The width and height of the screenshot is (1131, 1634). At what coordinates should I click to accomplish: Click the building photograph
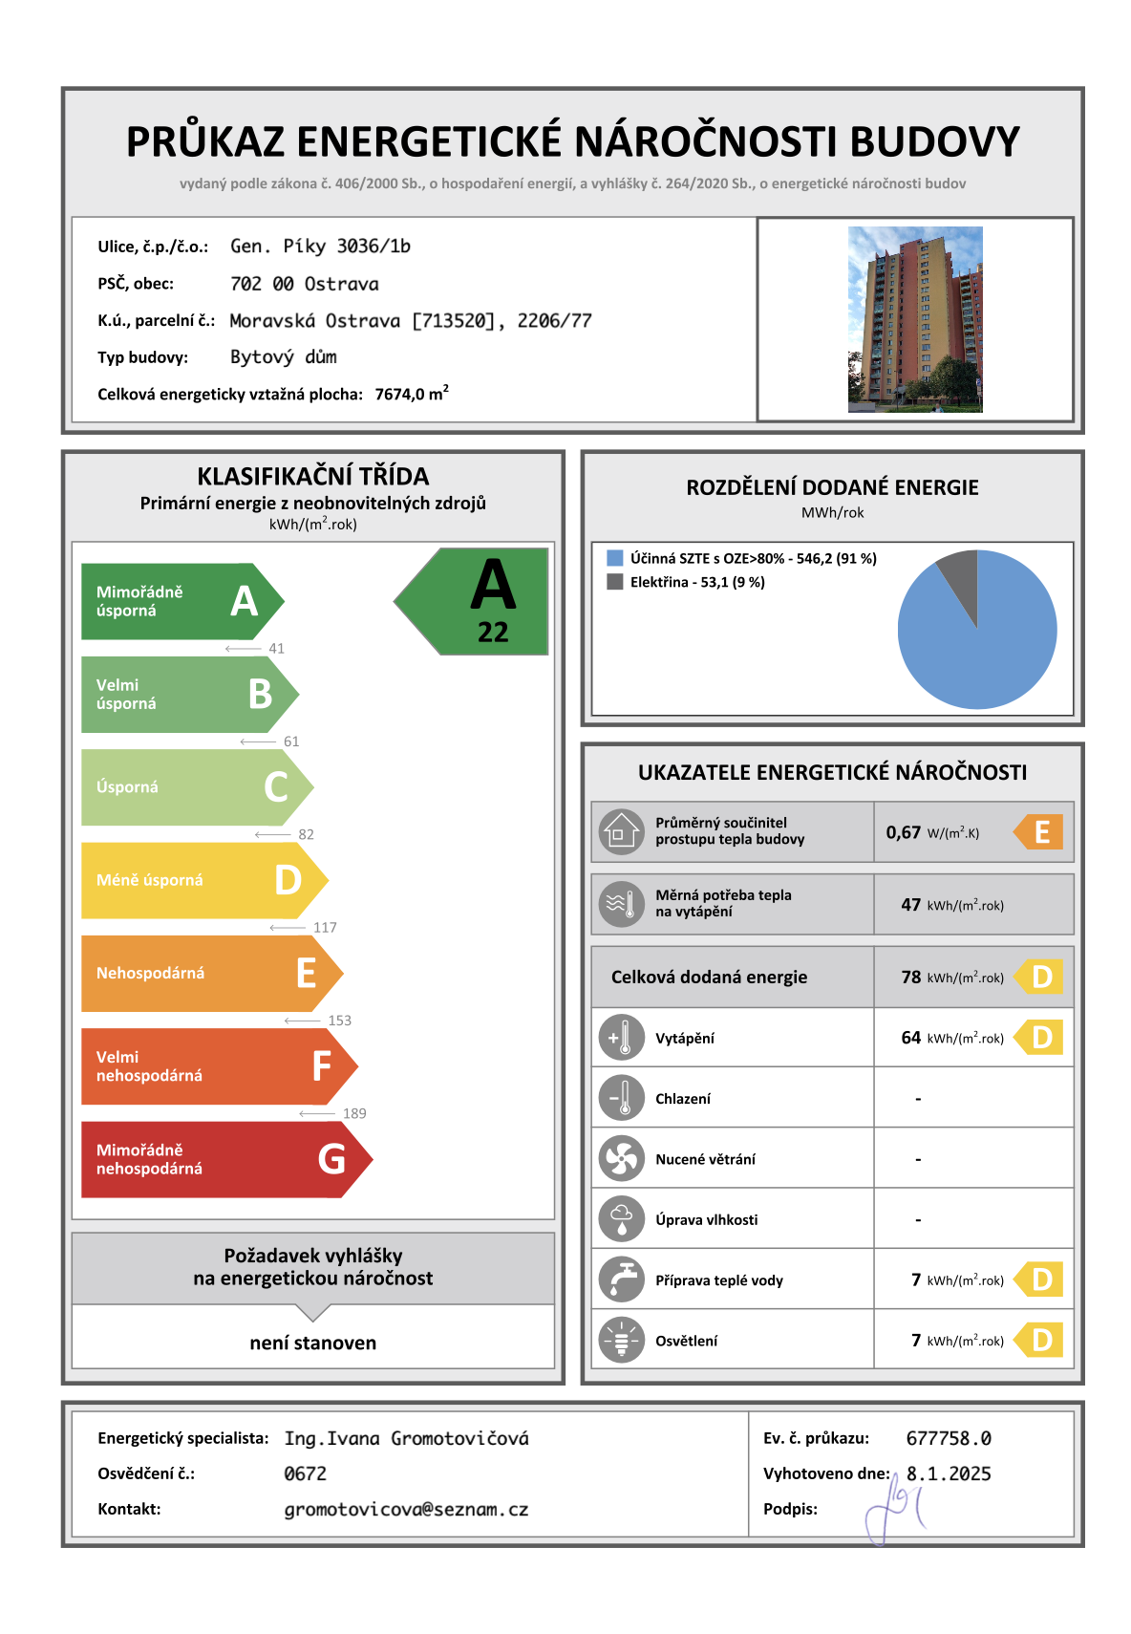click(914, 319)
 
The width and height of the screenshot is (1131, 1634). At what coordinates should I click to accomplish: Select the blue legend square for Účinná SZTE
click(615, 558)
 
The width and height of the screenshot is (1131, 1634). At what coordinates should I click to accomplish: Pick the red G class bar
click(220, 1159)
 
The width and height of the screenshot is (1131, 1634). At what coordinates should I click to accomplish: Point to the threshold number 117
click(325, 928)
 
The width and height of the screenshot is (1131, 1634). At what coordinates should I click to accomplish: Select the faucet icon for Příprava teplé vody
click(622, 1280)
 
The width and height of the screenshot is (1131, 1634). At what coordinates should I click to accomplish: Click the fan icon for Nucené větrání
click(622, 1159)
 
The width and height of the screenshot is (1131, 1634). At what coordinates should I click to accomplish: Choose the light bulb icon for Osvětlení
click(622, 1341)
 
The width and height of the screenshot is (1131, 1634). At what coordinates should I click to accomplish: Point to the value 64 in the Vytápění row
click(911, 1038)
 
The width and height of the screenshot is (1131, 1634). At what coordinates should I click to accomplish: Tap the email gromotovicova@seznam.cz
click(406, 1510)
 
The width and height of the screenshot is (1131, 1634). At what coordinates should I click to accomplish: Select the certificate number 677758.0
click(949, 1438)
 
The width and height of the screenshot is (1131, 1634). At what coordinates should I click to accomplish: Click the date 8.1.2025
click(949, 1473)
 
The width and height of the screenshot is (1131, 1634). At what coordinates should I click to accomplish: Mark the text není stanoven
click(313, 1343)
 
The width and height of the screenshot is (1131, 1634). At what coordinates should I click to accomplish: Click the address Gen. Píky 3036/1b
click(320, 247)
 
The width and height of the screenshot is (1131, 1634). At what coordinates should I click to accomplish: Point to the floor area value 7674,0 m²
click(412, 394)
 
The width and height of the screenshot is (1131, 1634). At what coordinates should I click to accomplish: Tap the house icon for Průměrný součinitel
click(622, 831)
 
